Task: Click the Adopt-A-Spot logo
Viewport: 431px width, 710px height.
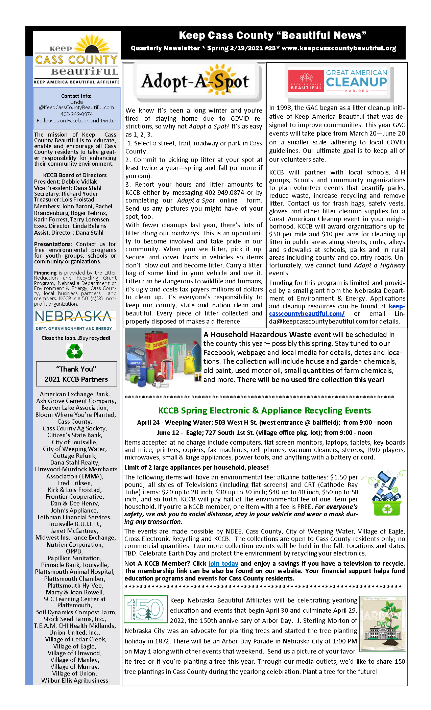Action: click(x=195, y=81)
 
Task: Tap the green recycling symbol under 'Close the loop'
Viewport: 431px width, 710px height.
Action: click(x=75, y=351)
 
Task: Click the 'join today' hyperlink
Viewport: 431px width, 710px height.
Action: click(x=223, y=564)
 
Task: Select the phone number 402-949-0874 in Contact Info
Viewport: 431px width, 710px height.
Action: click(x=77, y=114)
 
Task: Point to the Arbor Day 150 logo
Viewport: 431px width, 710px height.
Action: click(x=146, y=609)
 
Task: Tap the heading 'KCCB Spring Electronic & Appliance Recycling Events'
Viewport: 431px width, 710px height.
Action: click(x=264, y=410)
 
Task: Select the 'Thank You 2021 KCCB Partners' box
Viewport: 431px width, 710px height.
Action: click(x=76, y=374)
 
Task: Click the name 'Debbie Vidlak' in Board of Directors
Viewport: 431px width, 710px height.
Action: click(x=79, y=182)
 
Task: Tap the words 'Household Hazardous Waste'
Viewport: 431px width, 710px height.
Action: click(x=257, y=334)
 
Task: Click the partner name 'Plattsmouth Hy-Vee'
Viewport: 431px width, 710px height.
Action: click(x=75, y=585)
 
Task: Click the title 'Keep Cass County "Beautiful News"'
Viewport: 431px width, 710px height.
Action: click(x=272, y=35)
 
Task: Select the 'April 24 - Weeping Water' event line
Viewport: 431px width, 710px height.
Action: click(x=264, y=423)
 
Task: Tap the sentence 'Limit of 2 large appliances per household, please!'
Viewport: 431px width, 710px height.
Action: click(x=196, y=467)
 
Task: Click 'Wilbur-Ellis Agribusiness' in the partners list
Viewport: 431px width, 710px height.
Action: click(x=75, y=680)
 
